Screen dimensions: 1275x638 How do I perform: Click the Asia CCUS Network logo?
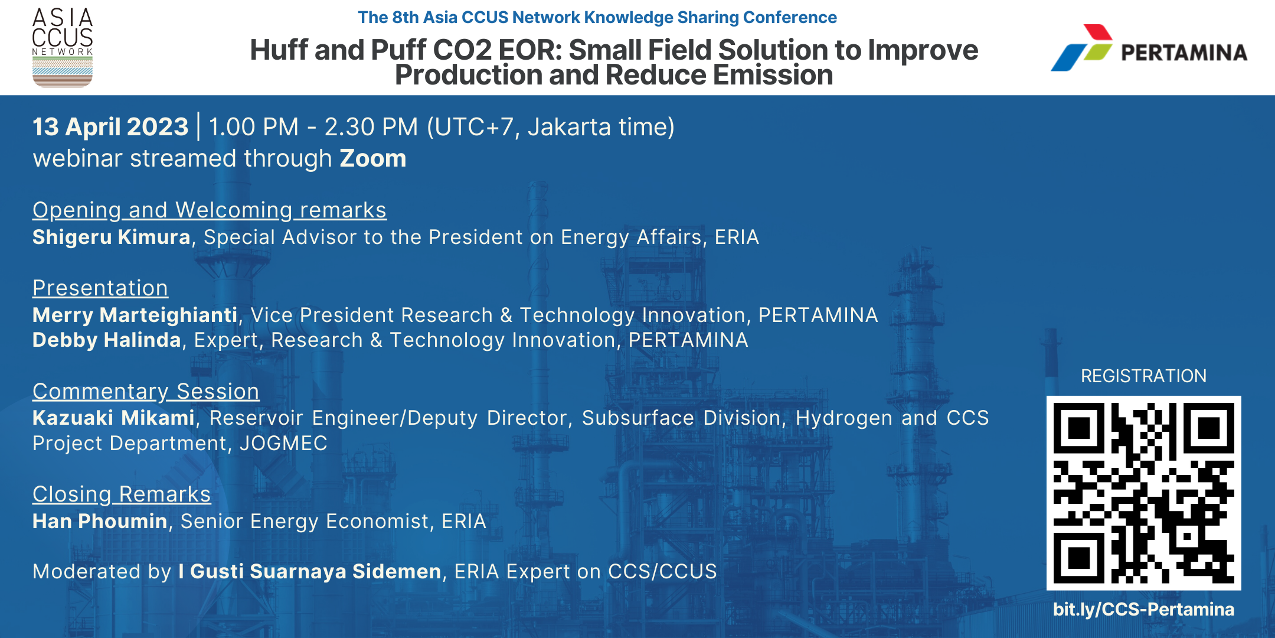tap(63, 47)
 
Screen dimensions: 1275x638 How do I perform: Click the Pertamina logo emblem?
tap(1081, 47)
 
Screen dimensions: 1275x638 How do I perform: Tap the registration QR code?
tap(1143, 493)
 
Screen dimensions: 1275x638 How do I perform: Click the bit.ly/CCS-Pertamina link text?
tap(1143, 609)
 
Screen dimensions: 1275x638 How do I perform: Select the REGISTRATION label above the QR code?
tap(1143, 376)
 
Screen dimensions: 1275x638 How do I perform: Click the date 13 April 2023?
tap(110, 127)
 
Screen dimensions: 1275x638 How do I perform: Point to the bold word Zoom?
tap(373, 158)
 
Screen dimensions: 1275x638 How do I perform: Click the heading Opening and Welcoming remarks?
tap(210, 210)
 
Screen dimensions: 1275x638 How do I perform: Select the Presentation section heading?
tap(100, 288)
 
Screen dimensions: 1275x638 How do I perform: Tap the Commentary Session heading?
tap(146, 392)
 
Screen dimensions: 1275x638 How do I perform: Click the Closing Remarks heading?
tap(122, 494)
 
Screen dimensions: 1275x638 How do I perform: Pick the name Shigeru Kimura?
tap(112, 237)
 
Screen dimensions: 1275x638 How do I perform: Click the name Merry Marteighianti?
tap(135, 315)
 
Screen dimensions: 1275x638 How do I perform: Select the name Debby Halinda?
tap(107, 340)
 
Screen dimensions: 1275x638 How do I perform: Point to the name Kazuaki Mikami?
tap(114, 418)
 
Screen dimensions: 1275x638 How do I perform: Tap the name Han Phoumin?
tap(100, 522)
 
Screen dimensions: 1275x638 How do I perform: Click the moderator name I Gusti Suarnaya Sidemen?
tap(310, 572)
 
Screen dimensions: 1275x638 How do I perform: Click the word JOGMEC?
tap(283, 444)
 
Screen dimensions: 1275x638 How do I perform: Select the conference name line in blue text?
tap(597, 18)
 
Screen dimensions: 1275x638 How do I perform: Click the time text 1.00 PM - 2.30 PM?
tap(313, 127)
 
